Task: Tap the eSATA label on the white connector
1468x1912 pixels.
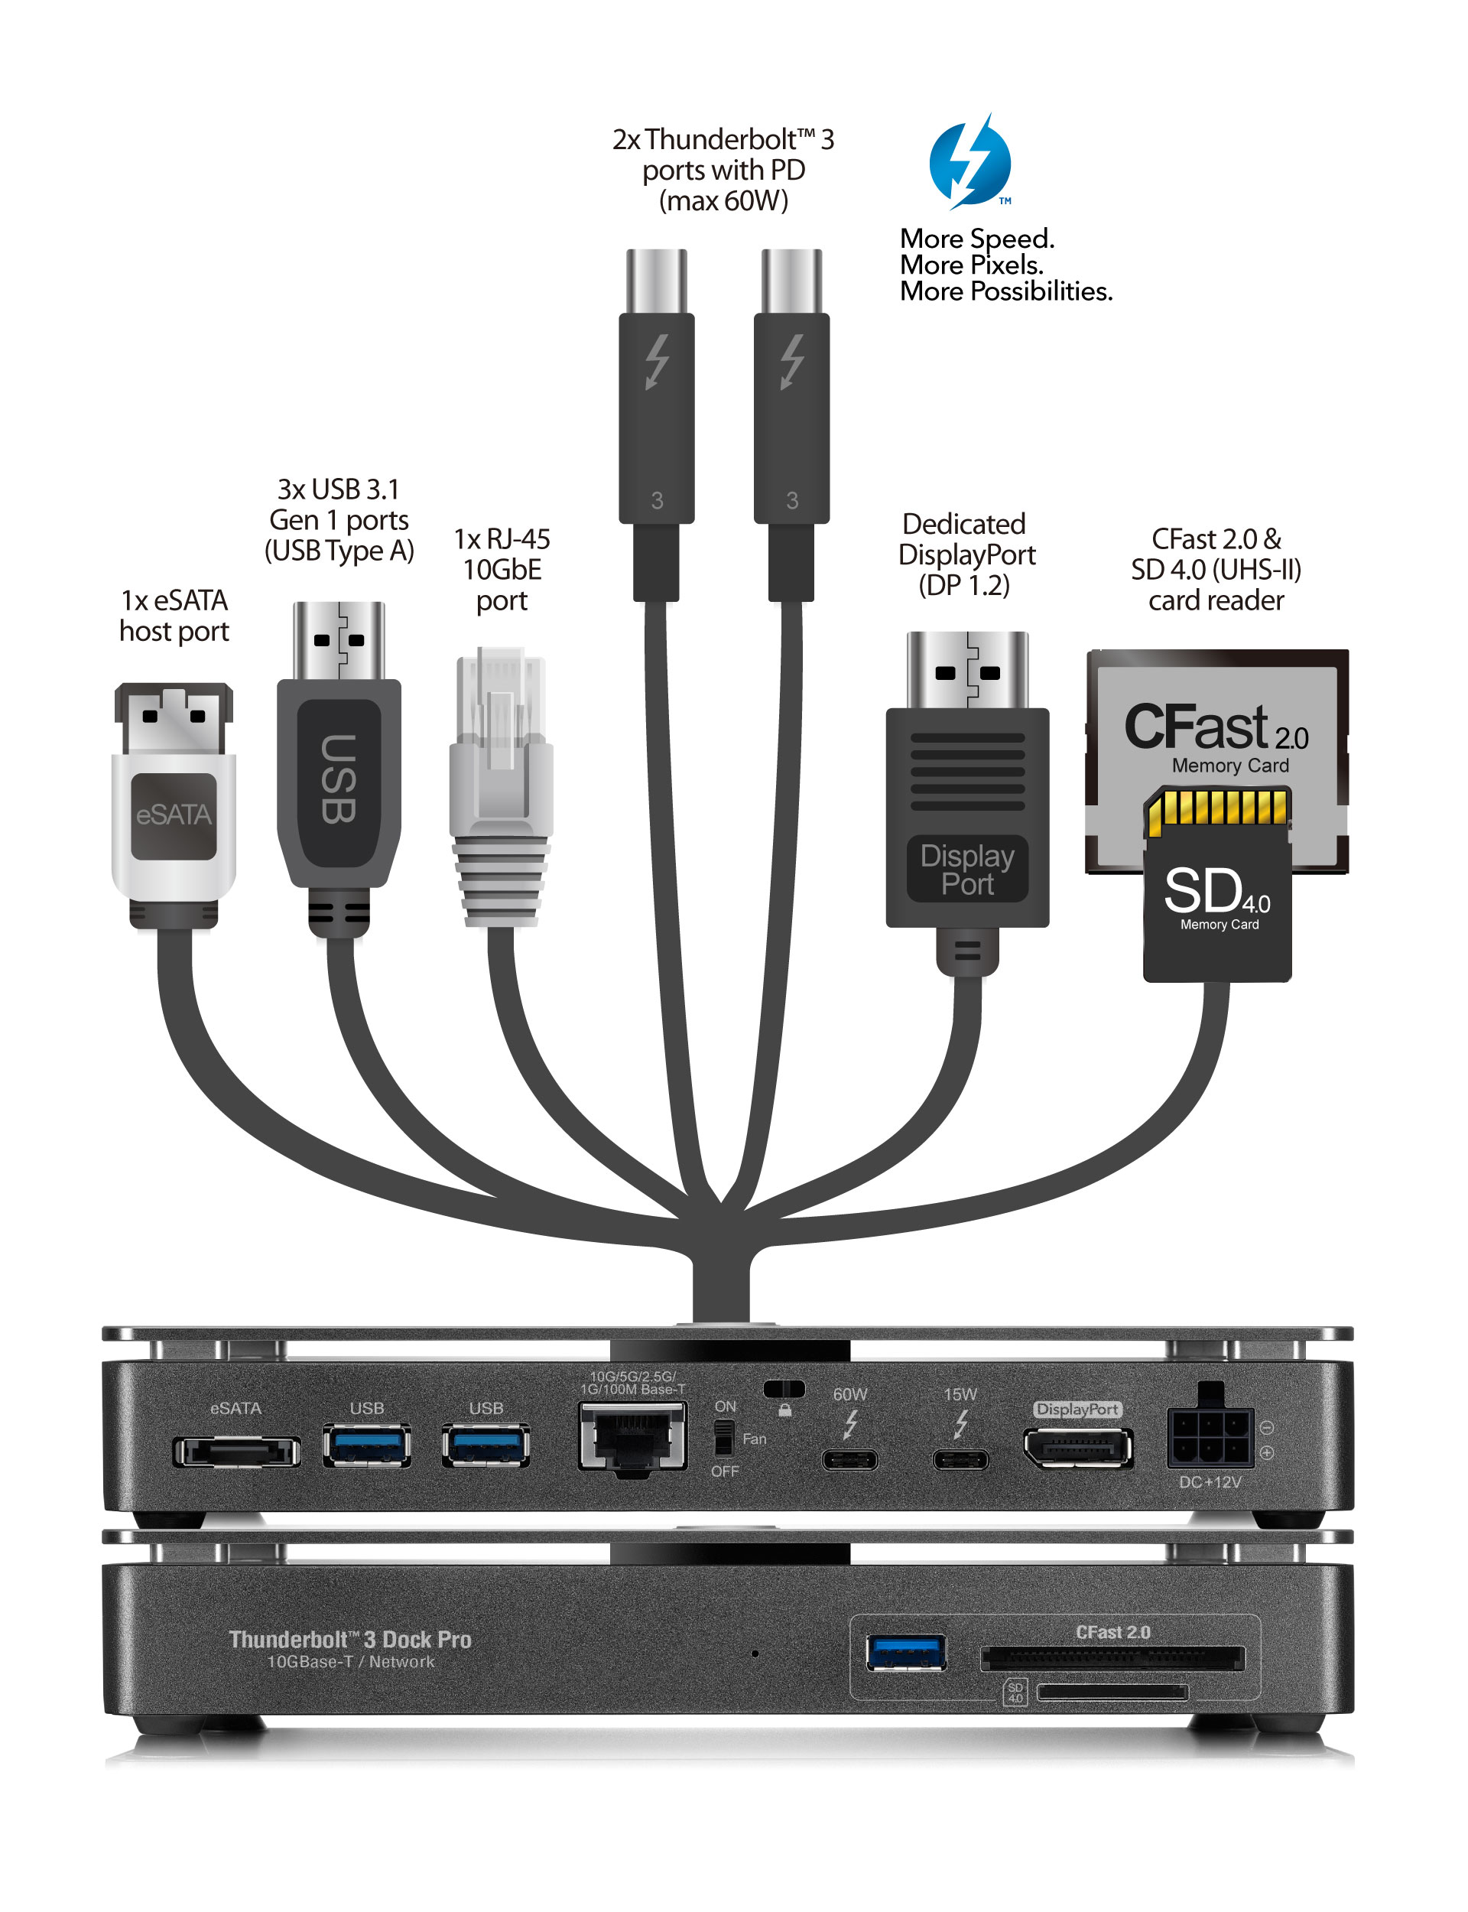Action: [x=173, y=815]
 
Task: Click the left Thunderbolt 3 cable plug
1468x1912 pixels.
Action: [x=656, y=419]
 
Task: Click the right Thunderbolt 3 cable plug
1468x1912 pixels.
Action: [x=791, y=419]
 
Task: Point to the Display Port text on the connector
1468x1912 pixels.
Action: [x=966, y=869]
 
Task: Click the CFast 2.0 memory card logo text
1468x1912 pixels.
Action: [x=1215, y=727]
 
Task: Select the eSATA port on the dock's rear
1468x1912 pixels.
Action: [x=236, y=1452]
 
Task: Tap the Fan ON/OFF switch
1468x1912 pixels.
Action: [x=723, y=1438]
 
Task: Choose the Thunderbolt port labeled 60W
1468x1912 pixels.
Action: [x=849, y=1459]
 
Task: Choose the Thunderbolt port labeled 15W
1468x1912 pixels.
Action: [x=960, y=1459]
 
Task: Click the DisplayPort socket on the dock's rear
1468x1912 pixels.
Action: [x=1077, y=1448]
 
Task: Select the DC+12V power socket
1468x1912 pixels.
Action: [x=1210, y=1438]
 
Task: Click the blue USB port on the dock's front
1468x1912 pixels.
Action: [x=905, y=1652]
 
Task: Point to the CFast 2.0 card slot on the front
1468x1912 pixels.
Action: [x=1112, y=1658]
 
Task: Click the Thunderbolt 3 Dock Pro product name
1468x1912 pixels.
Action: [x=349, y=1640]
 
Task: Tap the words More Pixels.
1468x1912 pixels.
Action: [x=971, y=265]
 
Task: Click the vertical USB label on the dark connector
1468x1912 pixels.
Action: [x=338, y=779]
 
